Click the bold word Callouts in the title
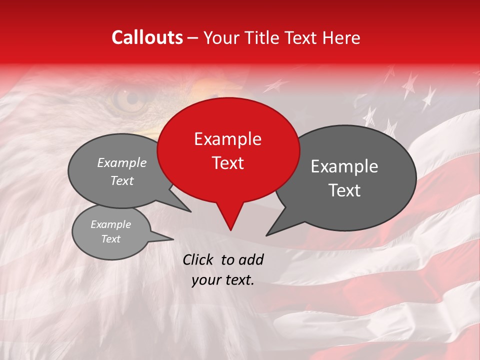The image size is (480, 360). pyautogui.click(x=147, y=37)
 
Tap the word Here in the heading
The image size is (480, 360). pyautogui.click(x=340, y=37)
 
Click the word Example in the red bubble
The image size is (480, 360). pyautogui.click(x=228, y=139)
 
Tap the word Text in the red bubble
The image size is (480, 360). pyautogui.click(x=228, y=163)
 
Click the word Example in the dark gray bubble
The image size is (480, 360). pyautogui.click(x=344, y=166)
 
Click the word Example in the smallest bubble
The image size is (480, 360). pyautogui.click(x=111, y=224)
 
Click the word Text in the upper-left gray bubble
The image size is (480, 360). pyautogui.click(x=122, y=180)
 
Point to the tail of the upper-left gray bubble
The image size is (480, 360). pyautogui.click(x=183, y=206)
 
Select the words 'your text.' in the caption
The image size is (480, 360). pyautogui.click(x=223, y=280)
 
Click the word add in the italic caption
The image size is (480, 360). pyautogui.click(x=251, y=259)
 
